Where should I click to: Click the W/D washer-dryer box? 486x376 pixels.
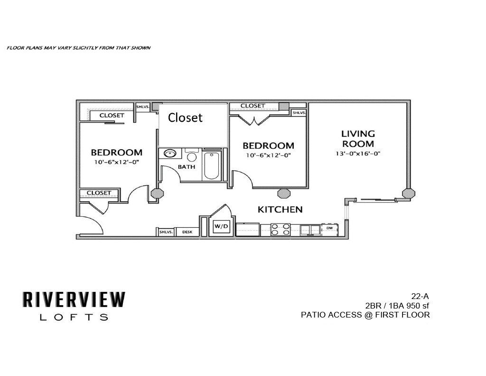coord(221,227)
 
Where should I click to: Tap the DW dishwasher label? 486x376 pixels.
coord(329,228)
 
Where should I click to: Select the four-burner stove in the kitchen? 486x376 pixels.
coord(280,230)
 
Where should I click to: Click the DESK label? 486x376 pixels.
coord(187,232)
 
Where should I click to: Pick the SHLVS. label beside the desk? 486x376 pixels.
coord(165,232)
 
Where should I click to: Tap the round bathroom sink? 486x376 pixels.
coord(170,154)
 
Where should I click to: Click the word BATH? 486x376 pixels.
coord(187,167)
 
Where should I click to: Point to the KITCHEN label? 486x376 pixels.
coord(280,209)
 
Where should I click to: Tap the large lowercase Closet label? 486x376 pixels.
coord(185,117)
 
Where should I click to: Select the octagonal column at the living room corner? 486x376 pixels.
coord(408,193)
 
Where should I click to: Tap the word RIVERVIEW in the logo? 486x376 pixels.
coord(74,299)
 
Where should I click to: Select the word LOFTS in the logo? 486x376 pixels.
coord(74,318)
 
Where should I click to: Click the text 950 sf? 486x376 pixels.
coord(417,305)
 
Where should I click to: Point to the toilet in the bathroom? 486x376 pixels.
coord(191,155)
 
